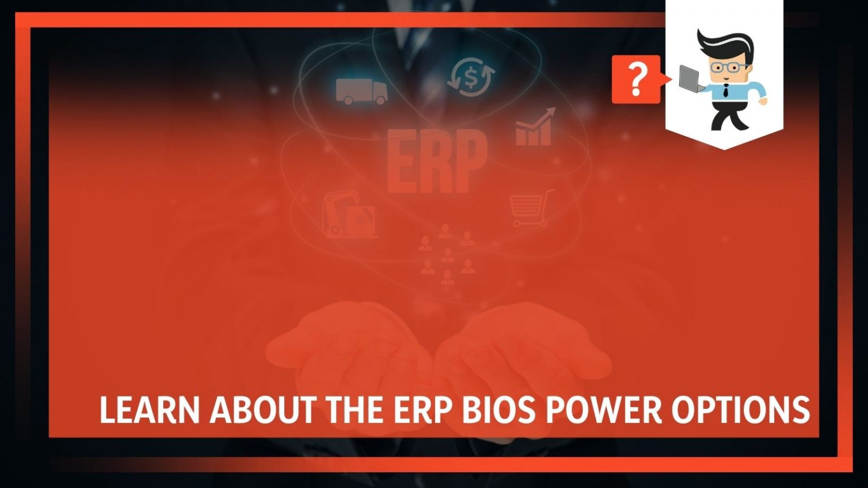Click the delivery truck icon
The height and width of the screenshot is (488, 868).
pyautogui.click(x=361, y=91)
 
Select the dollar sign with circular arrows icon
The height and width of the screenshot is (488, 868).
pyautogui.click(x=470, y=77)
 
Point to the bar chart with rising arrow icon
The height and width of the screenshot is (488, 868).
pyautogui.click(x=534, y=128)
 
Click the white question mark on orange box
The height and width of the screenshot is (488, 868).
pyautogui.click(x=636, y=79)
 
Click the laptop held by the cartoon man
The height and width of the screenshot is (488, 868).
pyautogui.click(x=691, y=79)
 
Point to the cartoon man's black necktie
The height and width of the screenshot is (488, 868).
pyautogui.click(x=726, y=91)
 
